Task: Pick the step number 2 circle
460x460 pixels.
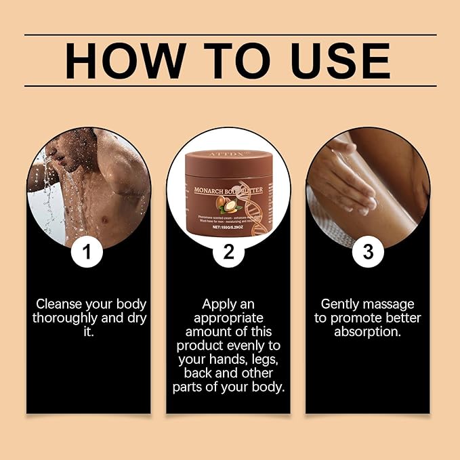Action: pyautogui.click(x=228, y=252)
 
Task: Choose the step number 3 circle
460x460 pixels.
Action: pyautogui.click(x=368, y=252)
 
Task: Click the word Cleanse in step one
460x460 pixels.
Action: pyautogui.click(x=60, y=304)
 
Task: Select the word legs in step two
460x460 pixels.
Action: pyautogui.click(x=259, y=360)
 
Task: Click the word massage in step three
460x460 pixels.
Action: pyautogui.click(x=392, y=304)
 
